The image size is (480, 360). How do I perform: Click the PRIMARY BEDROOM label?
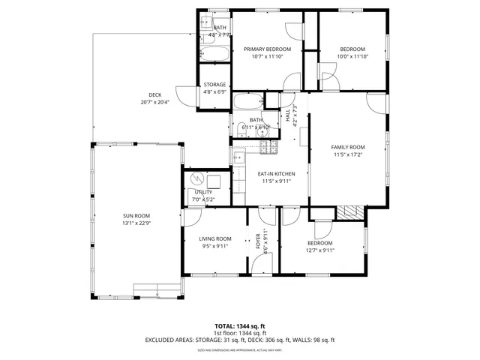pos(267,49)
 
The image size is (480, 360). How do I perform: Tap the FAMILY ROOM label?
pos(348,147)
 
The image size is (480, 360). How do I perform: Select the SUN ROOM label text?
pos(136,215)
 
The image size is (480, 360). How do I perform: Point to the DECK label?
pos(154,94)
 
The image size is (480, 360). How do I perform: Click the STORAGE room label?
pos(214,85)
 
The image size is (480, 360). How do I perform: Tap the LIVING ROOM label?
pos(215,238)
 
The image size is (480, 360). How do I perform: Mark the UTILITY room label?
pos(204,193)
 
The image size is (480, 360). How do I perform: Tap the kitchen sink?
pos(238,158)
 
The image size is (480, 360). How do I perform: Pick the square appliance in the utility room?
pos(214,180)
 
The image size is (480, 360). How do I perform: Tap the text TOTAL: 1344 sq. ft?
pos(239,326)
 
